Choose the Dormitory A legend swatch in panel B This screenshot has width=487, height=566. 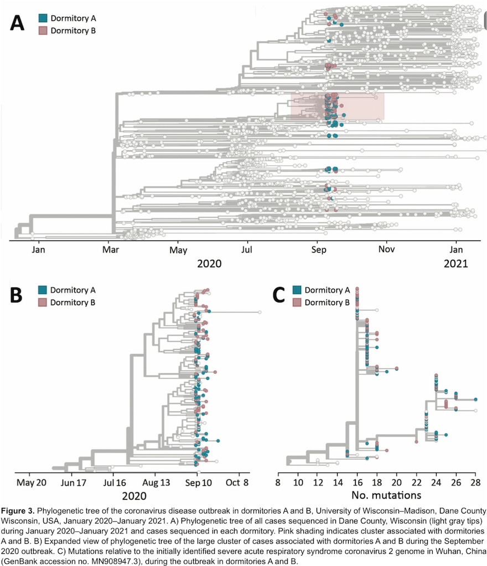point(43,289)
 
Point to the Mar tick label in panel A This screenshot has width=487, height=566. point(112,249)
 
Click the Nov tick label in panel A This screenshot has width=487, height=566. point(386,249)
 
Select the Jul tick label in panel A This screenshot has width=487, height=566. point(247,249)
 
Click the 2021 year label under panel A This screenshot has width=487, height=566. point(456,264)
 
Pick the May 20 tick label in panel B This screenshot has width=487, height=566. point(31,481)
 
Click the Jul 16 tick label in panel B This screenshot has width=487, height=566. point(113,481)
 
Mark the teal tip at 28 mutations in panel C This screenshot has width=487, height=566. point(475,399)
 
